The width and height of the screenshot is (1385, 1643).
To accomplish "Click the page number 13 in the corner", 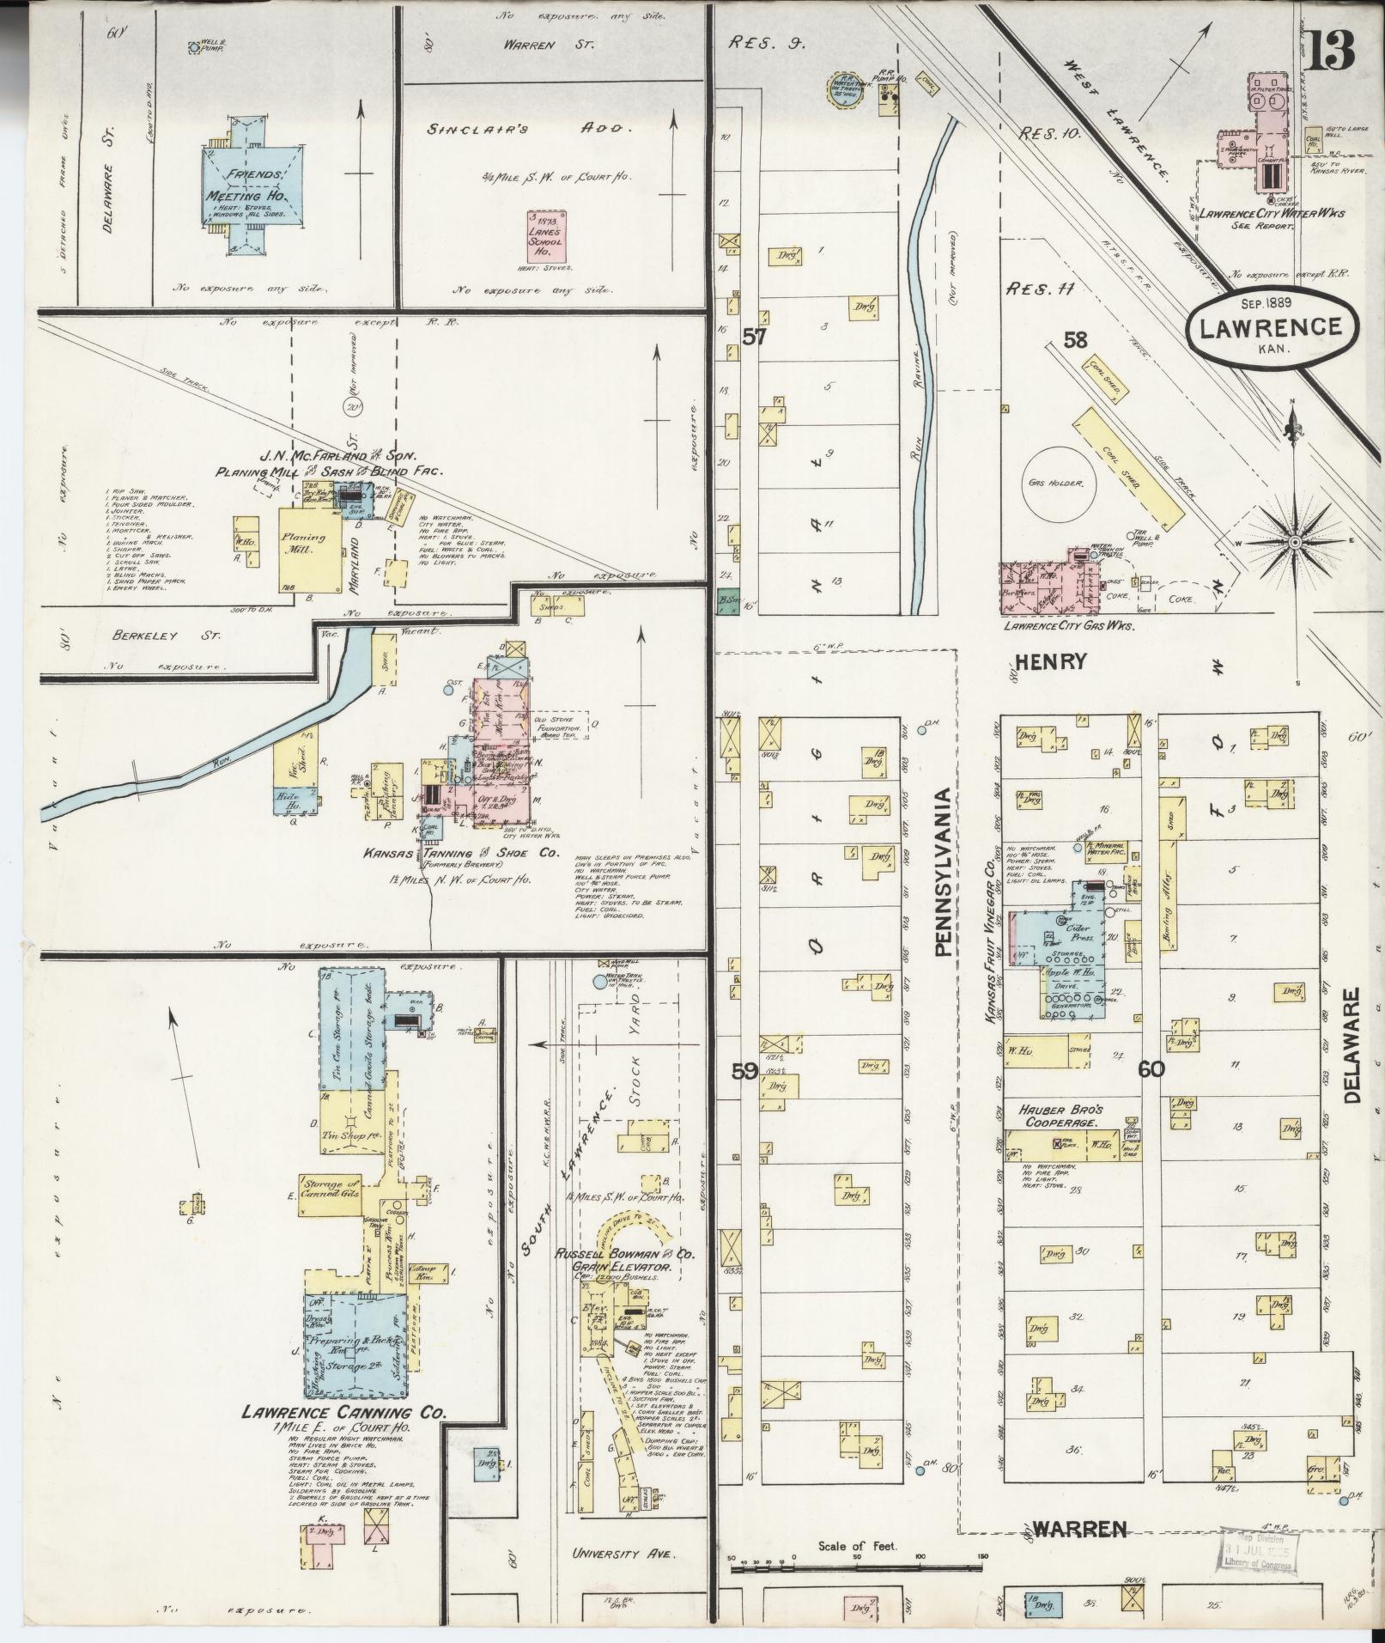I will [1333, 52].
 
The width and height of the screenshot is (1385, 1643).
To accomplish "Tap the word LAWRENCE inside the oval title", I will [1271, 327].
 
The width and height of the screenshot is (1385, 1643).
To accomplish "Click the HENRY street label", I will [1051, 661].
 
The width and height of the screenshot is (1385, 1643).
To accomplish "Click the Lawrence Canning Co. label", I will [343, 1412].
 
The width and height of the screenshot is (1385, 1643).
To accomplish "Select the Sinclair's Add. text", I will [530, 129].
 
